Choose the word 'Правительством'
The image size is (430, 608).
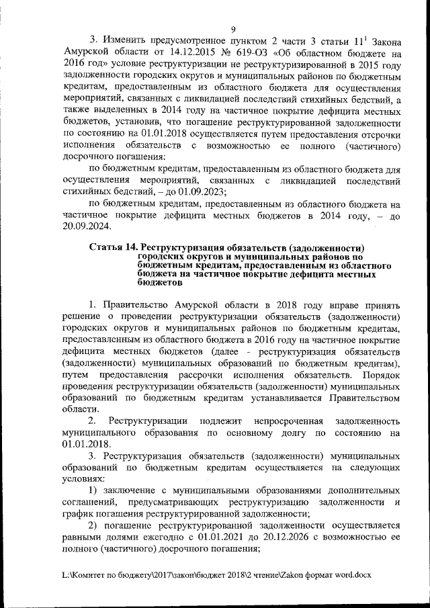pyautogui.click(x=361, y=398)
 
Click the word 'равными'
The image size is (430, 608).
pyautogui.click(x=81, y=538)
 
